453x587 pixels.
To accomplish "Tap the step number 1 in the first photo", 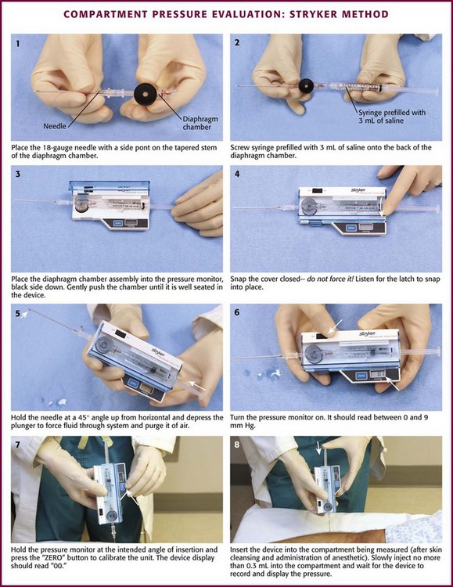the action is pos(17,43).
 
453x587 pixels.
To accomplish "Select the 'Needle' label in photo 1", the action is pos(55,126).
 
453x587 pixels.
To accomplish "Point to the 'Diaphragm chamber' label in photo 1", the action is pos(200,123).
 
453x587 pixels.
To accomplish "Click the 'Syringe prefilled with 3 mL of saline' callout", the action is pos(392,117).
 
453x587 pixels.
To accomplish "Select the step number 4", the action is pos(236,174).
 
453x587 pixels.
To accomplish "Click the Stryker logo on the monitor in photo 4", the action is pos(358,190).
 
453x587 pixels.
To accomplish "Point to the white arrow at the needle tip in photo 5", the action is pos(24,314).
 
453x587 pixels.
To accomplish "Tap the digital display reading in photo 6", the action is pos(379,373).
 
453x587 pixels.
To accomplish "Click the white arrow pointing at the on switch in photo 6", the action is pos(336,326).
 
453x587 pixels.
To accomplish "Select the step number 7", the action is pos(17,445).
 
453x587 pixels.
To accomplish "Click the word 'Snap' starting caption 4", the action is pos(238,279).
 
